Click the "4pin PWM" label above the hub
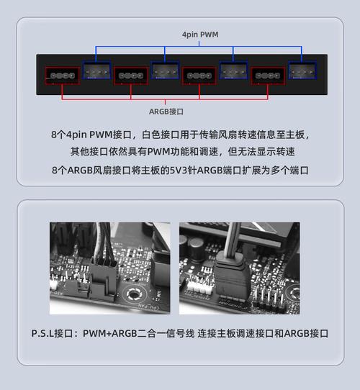tap(200, 35)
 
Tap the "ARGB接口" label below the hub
tap(166, 112)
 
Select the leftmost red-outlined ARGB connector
tap(63, 76)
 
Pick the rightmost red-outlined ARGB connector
tap(268, 76)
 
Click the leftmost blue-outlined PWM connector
tap(96, 71)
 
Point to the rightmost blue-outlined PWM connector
tap(302, 71)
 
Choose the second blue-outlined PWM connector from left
tap(165, 71)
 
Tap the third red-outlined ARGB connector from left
tap(199, 76)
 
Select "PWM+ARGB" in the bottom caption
tap(109, 333)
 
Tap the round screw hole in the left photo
tap(133, 294)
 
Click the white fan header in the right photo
tap(197, 288)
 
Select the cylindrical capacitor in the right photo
tap(197, 248)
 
